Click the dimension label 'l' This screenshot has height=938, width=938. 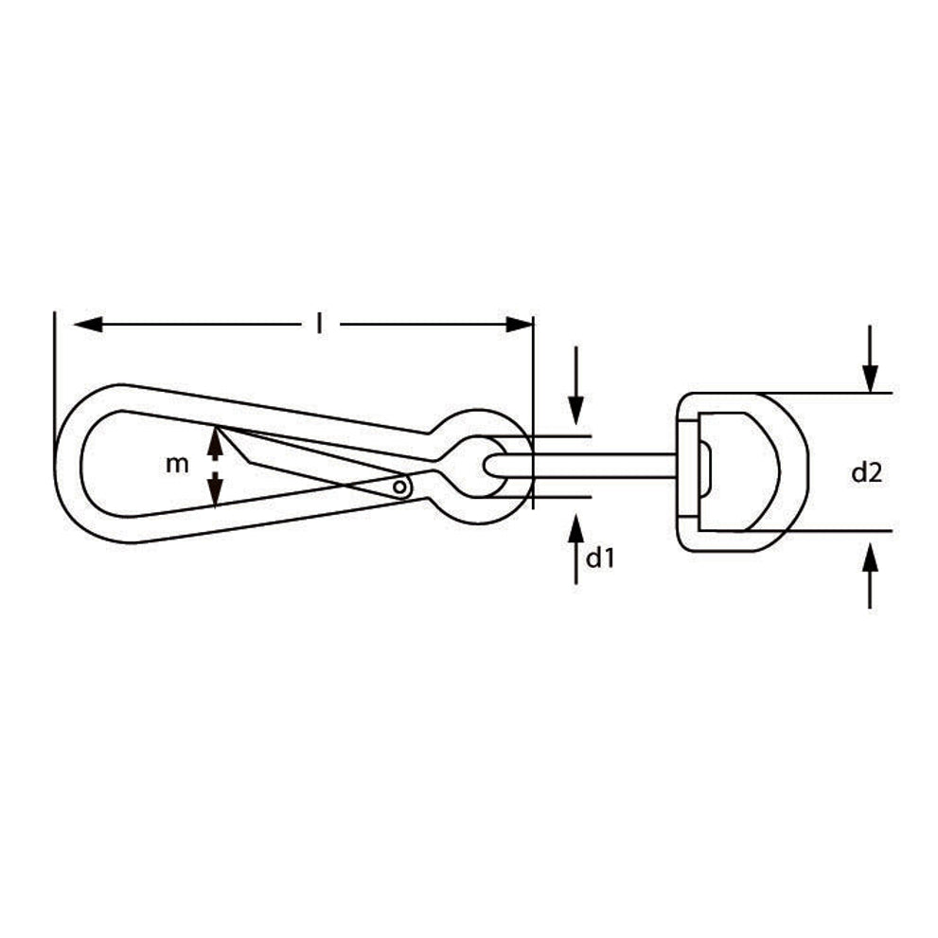tap(321, 325)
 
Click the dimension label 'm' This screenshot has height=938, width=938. tap(177, 464)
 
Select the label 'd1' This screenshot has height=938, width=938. tap(600, 558)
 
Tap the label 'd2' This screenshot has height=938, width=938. tap(867, 473)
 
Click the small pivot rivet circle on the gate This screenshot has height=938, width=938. tap(399, 487)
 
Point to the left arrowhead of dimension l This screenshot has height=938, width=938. tap(88, 325)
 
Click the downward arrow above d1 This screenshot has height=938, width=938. tap(575, 385)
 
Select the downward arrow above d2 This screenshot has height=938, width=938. tap(870, 359)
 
